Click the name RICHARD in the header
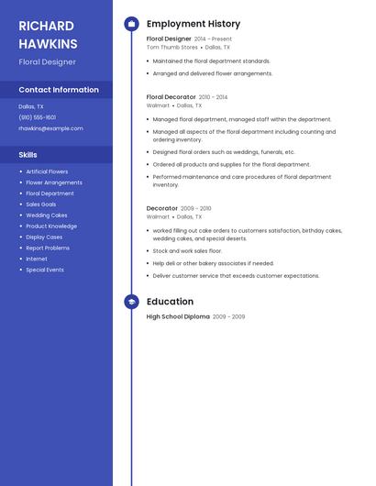pos(46,26)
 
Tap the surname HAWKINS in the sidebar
pos(48,44)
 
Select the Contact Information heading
pos(59,90)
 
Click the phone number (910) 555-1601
pos(38,117)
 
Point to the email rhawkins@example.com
pos(50,128)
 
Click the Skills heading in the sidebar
pos(28,155)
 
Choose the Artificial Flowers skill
pos(47,171)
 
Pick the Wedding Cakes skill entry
pos(47,215)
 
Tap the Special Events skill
pos(45,270)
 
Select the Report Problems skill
pos(48,248)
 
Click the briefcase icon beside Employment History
pos(131,24)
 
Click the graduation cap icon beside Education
pos(131,302)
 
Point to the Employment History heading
pos(194,24)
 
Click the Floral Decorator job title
pos(171,96)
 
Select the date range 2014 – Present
pos(213,39)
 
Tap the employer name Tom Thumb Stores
pos(172,47)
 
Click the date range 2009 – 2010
pos(195,208)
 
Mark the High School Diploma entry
pos(178,316)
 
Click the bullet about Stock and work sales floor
pos(187,250)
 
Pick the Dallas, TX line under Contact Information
pos(31,106)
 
